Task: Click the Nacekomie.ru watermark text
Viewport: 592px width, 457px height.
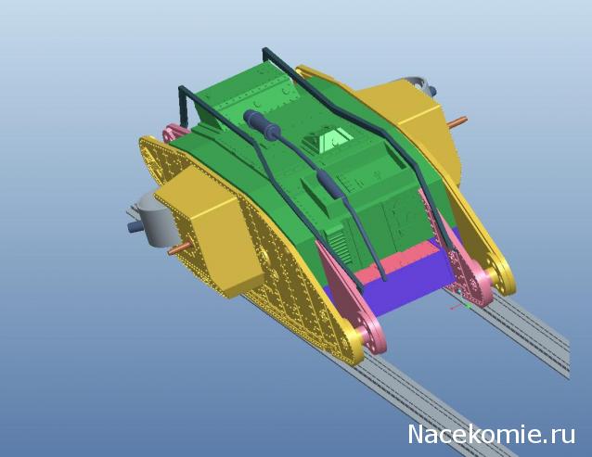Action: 492,435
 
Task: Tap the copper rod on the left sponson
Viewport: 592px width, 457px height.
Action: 179,248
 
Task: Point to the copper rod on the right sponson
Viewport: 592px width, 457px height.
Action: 457,121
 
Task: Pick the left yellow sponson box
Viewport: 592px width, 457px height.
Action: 209,230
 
